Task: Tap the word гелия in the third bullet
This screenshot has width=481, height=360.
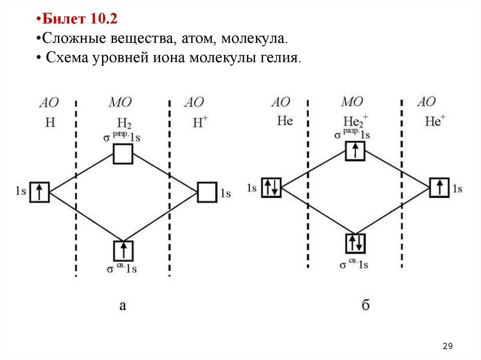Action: pos(277,59)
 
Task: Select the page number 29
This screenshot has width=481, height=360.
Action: pos(447,346)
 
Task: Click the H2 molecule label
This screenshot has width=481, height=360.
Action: pos(124,123)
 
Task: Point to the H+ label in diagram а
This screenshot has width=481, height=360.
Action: pos(200,123)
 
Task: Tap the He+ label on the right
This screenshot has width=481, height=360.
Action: pos(434,121)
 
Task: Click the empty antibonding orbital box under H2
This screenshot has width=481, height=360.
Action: pos(123,154)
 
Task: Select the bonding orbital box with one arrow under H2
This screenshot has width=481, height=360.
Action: pos(123,250)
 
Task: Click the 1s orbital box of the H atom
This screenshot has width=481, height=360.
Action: pos(39,192)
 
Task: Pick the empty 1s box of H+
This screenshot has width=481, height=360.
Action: pos(207,192)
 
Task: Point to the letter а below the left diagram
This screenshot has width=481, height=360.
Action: pos(123,306)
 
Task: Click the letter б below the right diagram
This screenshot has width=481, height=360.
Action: pos(365,306)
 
